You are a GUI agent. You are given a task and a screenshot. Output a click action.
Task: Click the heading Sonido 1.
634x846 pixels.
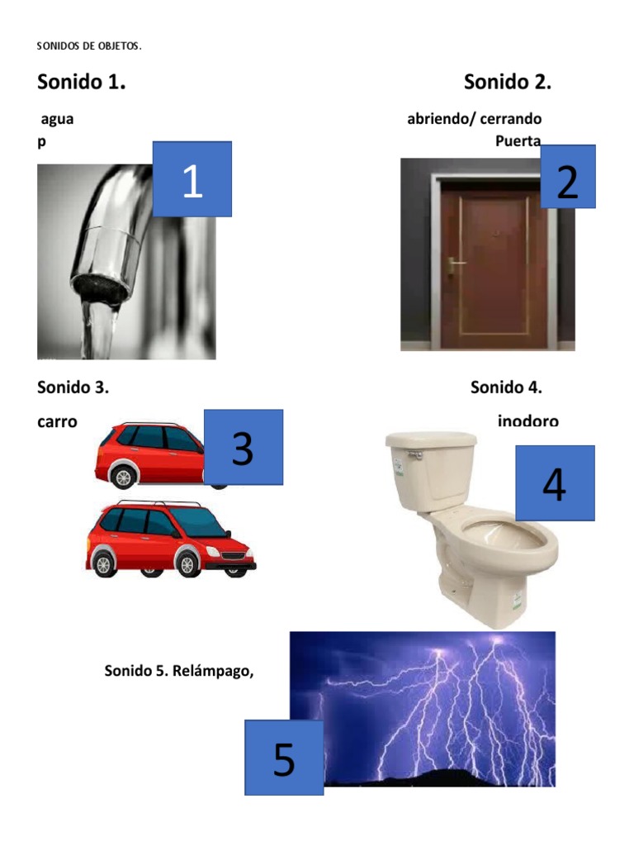tap(81, 82)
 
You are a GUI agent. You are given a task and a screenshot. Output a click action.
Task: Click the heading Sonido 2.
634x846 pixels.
tap(507, 82)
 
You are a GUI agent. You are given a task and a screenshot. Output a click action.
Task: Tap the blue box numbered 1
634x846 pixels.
tap(192, 179)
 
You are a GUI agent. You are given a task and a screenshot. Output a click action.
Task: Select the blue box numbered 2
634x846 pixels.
tap(567, 177)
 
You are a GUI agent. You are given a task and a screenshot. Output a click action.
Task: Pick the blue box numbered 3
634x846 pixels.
tap(243, 447)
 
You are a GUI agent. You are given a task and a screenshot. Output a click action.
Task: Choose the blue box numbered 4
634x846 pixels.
tap(554, 483)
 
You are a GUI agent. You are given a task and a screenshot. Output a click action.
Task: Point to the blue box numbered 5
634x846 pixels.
tap(283, 758)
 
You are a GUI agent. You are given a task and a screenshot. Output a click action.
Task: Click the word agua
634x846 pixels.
tap(57, 119)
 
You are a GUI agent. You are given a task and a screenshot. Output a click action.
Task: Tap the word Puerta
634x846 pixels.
tap(518, 140)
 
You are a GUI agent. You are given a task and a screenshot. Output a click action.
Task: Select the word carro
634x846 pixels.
tap(57, 421)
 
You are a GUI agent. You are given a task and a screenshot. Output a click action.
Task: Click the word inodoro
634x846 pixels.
tap(528, 421)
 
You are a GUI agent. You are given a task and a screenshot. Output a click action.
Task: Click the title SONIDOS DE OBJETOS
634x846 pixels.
tap(89, 46)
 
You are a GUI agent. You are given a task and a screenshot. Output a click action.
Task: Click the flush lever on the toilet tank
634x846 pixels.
tap(418, 454)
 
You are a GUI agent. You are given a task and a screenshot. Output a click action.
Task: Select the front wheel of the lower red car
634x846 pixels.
tap(187, 563)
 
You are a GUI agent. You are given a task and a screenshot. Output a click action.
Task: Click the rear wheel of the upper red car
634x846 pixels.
tap(123, 477)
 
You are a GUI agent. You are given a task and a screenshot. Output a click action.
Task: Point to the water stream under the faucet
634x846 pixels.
tap(101, 330)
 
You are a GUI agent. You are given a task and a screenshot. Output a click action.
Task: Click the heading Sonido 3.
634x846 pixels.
tap(73, 387)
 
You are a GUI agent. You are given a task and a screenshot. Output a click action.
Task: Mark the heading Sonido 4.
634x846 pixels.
tap(506, 387)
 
